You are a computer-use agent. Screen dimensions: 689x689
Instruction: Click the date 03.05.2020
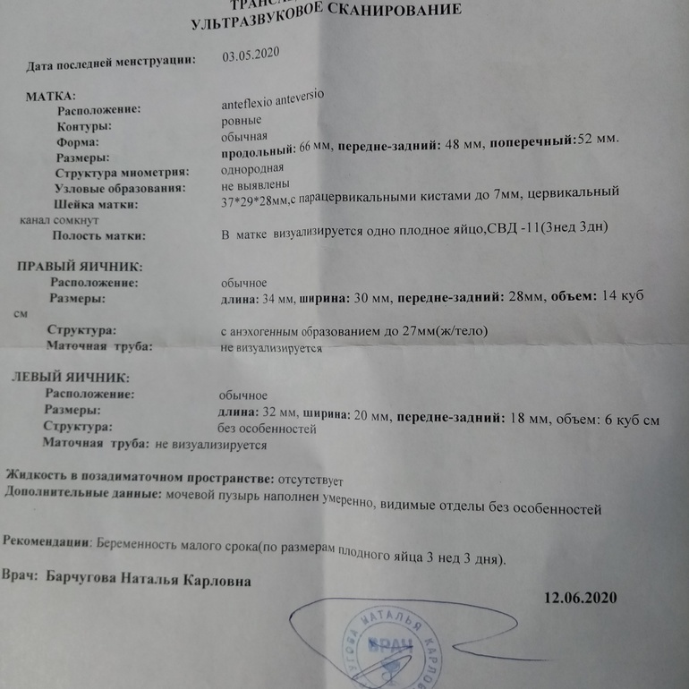[x=251, y=54]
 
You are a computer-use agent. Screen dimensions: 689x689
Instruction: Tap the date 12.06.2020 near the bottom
[x=580, y=598]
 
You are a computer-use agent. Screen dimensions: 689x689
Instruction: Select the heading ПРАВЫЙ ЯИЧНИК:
[x=81, y=267]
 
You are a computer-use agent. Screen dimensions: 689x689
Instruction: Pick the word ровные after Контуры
[x=242, y=120]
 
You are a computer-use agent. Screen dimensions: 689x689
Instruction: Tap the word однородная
[x=252, y=169]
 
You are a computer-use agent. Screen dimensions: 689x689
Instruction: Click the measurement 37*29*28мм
[x=253, y=202]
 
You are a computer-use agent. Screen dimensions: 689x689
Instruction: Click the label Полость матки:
[x=98, y=236]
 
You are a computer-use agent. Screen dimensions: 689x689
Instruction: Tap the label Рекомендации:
[x=47, y=541]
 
